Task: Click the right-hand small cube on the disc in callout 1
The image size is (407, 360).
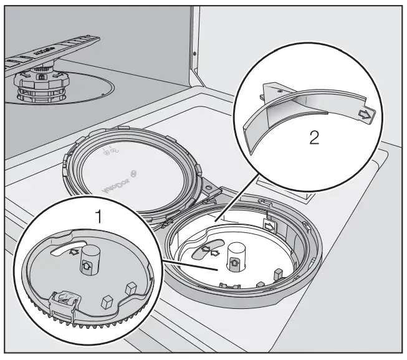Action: pyautogui.click(x=132, y=287)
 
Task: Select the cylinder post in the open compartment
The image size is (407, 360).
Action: pyautogui.click(x=235, y=255)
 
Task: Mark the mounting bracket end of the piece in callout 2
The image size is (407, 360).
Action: pyautogui.click(x=271, y=93)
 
